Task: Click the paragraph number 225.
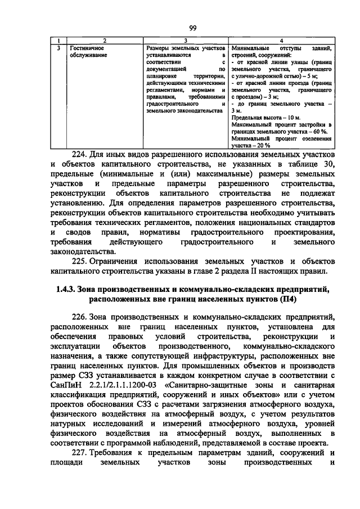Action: tap(82, 261)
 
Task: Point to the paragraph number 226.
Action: tap(82, 317)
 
